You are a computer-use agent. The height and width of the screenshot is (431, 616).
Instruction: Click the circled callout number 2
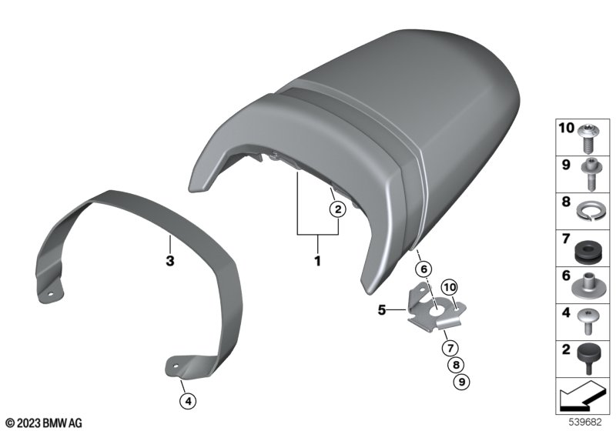tap(337, 209)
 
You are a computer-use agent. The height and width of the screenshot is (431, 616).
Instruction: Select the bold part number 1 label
tap(317, 261)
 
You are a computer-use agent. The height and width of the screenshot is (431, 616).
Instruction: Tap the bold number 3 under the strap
tap(169, 261)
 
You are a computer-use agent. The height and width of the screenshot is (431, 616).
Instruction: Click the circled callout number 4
tap(188, 401)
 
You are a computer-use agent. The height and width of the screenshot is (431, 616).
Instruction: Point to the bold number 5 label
tap(382, 309)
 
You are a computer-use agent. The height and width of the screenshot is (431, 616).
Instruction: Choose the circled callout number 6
tap(423, 269)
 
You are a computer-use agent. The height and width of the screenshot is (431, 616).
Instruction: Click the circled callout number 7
tap(450, 347)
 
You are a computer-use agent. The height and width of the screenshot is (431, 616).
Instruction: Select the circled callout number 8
tap(456, 365)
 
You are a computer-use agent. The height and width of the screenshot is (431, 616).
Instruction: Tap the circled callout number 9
tap(461, 382)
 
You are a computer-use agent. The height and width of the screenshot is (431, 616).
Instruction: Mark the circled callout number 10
tap(450, 287)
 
